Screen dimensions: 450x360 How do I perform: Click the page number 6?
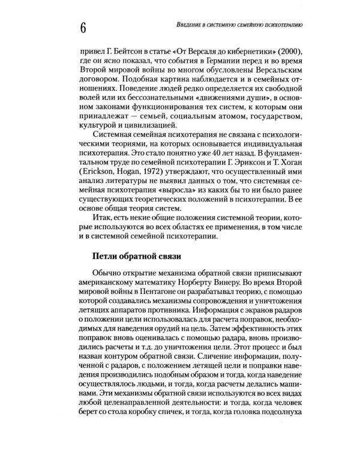(x=82, y=28)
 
